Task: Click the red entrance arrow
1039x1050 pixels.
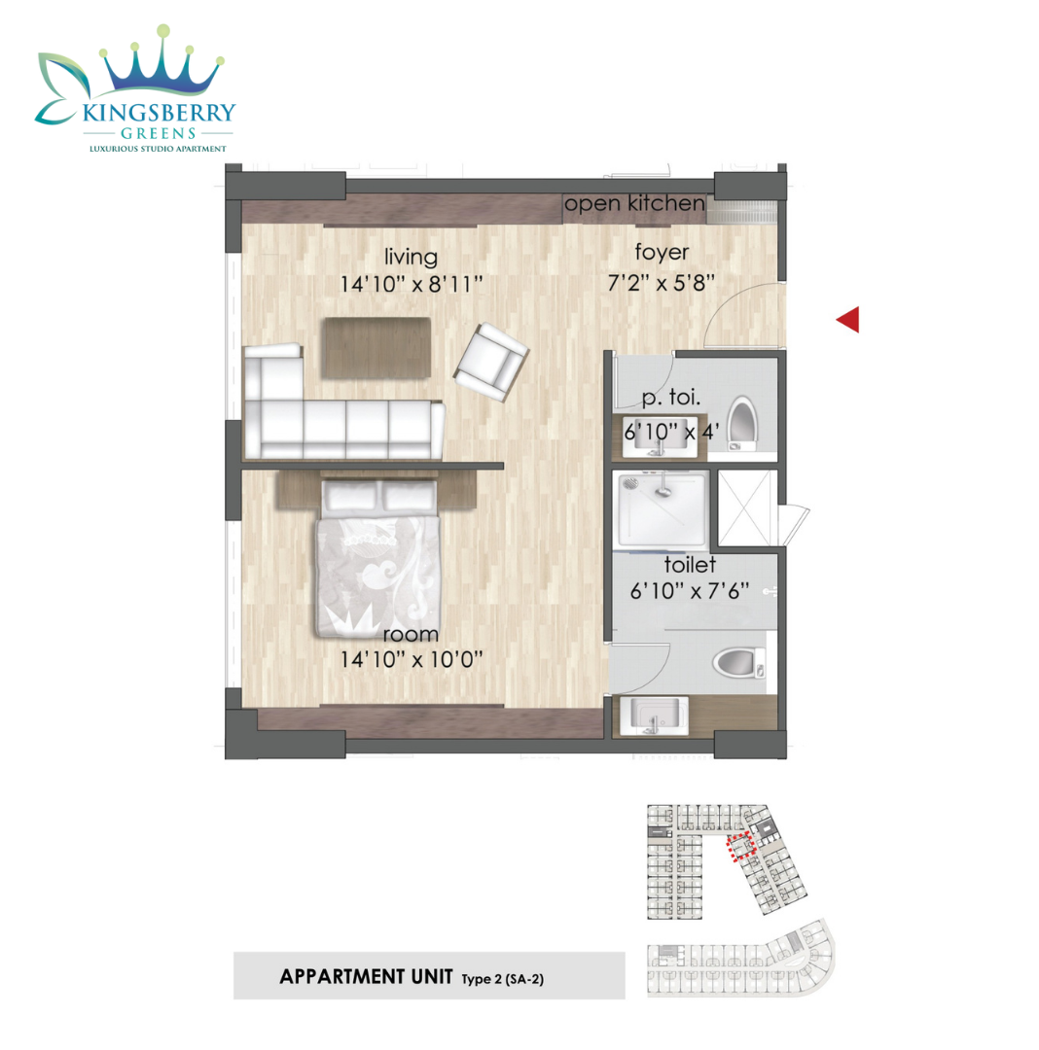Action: tap(848, 320)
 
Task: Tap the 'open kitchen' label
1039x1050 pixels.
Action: tap(633, 203)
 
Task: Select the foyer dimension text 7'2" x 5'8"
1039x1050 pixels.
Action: tap(662, 283)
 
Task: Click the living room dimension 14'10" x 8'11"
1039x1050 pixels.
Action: tap(412, 284)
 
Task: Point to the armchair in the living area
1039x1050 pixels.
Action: tap(491, 363)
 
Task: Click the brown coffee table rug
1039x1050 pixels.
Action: tap(376, 347)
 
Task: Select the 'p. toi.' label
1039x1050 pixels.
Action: tap(670, 397)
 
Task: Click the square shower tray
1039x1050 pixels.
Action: tap(662, 509)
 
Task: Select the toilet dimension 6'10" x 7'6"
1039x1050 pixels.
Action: tap(690, 591)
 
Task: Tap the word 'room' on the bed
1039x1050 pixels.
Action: tap(411, 634)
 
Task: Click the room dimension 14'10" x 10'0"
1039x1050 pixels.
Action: tap(412, 659)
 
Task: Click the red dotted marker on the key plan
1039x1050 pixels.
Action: tap(741, 848)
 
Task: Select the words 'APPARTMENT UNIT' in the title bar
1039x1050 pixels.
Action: tap(366, 976)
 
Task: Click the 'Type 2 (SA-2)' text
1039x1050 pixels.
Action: tap(502, 979)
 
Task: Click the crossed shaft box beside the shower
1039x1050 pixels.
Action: tap(747, 508)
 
